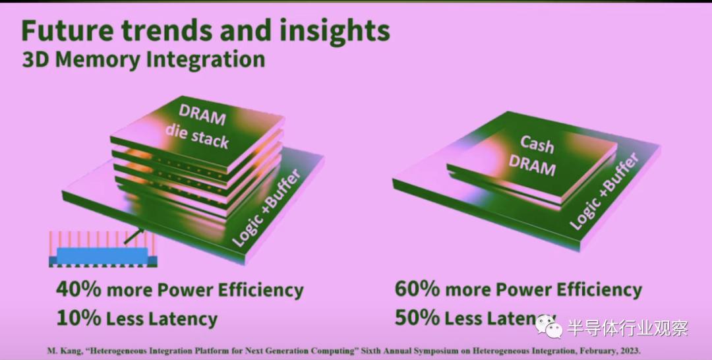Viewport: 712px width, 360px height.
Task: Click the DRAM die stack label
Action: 196,127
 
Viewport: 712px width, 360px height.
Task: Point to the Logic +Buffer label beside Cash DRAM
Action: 605,191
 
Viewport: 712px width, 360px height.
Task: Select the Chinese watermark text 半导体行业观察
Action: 628,328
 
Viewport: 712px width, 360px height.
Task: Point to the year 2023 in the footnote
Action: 630,351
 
